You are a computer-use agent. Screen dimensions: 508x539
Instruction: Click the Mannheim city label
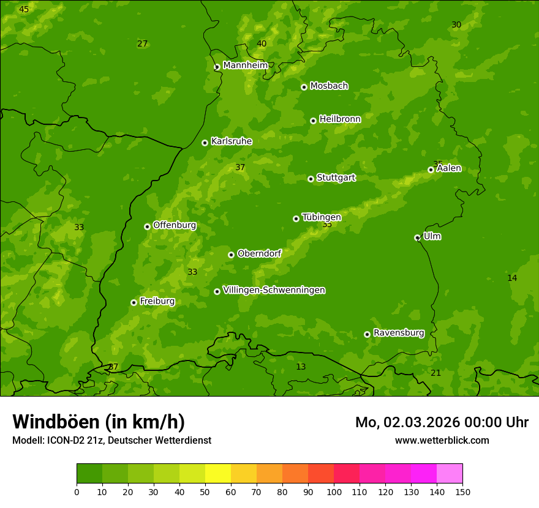pyautogui.click(x=245, y=65)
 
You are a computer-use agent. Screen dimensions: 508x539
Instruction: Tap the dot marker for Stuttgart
pyautogui.click(x=311, y=179)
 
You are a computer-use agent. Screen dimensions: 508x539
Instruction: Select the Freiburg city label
pyautogui.click(x=157, y=301)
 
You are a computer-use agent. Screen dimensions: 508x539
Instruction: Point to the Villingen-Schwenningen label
pyautogui.click(x=274, y=290)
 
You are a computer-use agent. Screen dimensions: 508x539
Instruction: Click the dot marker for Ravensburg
pyautogui.click(x=367, y=334)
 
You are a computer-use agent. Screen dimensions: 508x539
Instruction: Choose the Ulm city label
pyautogui.click(x=432, y=236)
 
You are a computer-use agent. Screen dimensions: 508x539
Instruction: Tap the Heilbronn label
pyautogui.click(x=340, y=119)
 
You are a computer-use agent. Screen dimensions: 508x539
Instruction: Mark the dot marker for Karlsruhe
pyautogui.click(x=205, y=143)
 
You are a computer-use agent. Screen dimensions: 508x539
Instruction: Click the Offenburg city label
pyautogui.click(x=175, y=225)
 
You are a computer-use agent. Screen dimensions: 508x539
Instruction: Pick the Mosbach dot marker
pyautogui.click(x=304, y=87)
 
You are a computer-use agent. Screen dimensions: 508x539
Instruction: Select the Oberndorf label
pyautogui.click(x=259, y=253)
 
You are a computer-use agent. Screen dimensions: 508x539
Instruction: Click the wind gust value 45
pyautogui.click(x=24, y=9)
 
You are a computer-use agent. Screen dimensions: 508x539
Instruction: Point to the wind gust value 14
pyautogui.click(x=512, y=278)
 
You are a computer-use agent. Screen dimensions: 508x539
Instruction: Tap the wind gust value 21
pyautogui.click(x=435, y=373)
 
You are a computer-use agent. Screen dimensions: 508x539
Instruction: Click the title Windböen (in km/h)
pyautogui.click(x=99, y=422)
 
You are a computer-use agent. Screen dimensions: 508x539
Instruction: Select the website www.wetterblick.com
pyautogui.click(x=442, y=440)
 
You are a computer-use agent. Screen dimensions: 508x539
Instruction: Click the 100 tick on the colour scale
pyautogui.click(x=334, y=491)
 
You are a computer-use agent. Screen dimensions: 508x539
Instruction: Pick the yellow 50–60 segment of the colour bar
pyautogui.click(x=218, y=474)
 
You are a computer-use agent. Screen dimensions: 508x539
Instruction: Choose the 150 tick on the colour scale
pyautogui.click(x=462, y=491)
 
